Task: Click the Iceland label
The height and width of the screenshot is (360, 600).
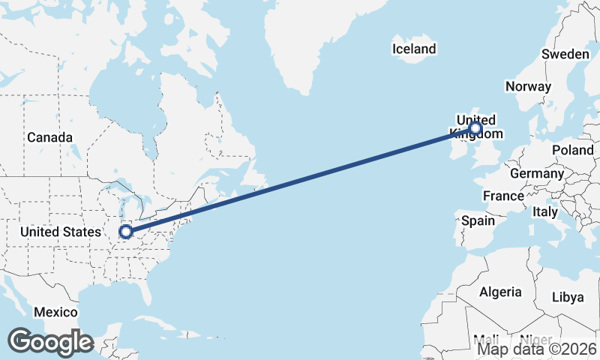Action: click(413, 49)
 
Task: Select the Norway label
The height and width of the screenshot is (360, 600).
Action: click(528, 86)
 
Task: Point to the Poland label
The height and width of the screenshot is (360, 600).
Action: click(572, 150)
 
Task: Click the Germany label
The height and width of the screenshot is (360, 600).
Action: click(536, 173)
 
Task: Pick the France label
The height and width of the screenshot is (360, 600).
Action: click(503, 196)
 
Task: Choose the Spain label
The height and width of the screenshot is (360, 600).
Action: click(478, 220)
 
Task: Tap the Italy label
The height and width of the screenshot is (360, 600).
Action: click(544, 212)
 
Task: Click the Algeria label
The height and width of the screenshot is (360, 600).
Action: click(500, 292)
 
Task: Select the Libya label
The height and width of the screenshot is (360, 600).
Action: click(567, 297)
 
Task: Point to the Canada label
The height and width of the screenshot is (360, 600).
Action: click(49, 137)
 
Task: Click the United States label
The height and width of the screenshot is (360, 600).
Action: click(60, 232)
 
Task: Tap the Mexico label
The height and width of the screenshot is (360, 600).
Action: click(55, 312)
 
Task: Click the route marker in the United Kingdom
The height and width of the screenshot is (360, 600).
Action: click(475, 129)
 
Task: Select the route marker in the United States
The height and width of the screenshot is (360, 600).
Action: click(126, 232)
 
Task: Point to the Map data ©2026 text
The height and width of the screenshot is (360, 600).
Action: click(537, 349)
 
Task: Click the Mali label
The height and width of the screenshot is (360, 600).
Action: click(486, 340)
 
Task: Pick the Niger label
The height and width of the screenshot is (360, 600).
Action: click(535, 340)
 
